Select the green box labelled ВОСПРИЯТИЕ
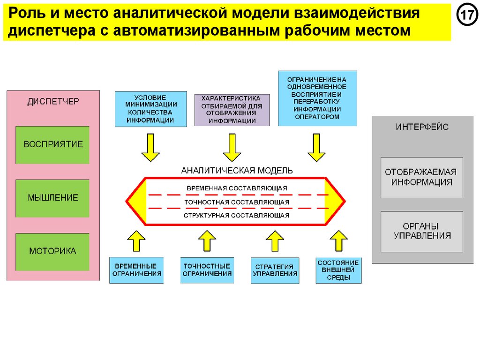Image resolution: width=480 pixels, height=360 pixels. (x=52, y=144)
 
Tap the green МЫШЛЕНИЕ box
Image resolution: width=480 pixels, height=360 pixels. (x=52, y=198)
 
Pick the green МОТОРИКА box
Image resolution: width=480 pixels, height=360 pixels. (x=52, y=252)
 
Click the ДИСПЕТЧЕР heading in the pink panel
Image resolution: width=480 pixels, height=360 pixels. (x=53, y=102)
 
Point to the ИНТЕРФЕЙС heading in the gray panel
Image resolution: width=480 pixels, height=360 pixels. (x=422, y=127)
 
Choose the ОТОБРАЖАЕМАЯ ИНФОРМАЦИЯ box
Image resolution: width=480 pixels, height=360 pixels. (x=421, y=177)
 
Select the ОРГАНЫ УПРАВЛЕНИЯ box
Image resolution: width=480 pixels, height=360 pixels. (x=421, y=231)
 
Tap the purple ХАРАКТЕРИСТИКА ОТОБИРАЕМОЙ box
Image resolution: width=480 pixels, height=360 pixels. (x=232, y=110)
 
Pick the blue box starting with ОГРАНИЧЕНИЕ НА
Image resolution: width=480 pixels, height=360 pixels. (x=317, y=98)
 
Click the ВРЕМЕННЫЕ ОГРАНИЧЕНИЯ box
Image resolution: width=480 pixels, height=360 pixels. (x=136, y=270)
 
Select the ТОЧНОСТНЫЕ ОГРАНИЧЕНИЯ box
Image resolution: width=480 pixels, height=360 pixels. (x=207, y=270)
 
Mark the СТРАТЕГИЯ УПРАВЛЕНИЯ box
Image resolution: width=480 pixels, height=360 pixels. (x=275, y=270)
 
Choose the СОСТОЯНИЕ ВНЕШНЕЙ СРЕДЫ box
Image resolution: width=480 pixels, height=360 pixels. (x=338, y=270)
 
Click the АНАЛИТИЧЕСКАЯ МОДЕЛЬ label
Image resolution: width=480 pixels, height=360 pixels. (x=237, y=170)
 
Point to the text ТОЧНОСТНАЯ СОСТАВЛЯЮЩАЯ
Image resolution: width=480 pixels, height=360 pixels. (x=237, y=202)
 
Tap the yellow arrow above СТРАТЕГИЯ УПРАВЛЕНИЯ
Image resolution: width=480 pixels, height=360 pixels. (x=275, y=240)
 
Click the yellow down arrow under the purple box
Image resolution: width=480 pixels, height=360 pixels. (x=232, y=147)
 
